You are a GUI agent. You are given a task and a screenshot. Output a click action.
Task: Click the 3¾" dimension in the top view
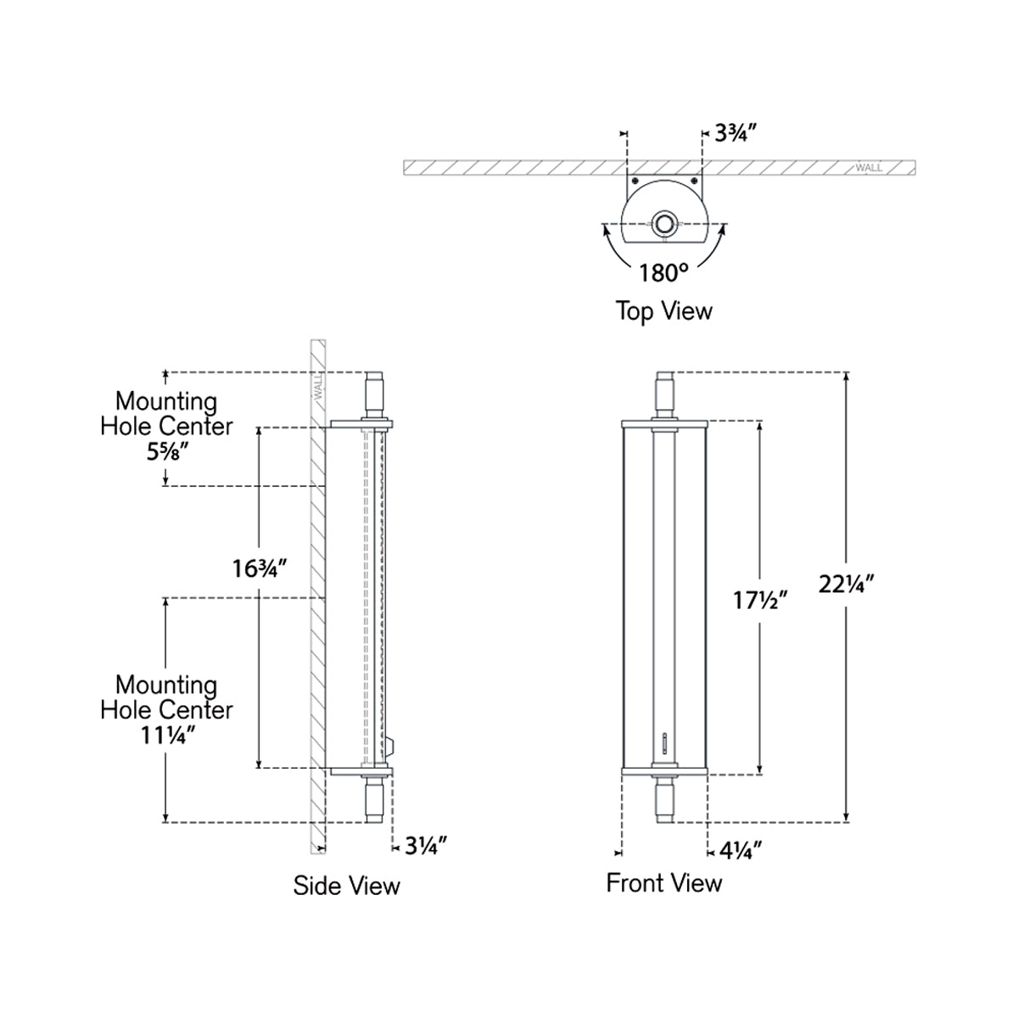(735, 132)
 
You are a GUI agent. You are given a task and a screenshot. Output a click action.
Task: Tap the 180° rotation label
(664, 273)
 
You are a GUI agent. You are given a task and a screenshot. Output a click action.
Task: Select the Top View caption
(663, 311)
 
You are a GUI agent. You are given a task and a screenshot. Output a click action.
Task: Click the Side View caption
(346, 886)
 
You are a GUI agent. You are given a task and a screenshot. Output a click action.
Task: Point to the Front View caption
(663, 883)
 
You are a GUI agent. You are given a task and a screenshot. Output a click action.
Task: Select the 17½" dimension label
(761, 601)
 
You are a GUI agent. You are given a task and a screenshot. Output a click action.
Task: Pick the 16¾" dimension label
(260, 568)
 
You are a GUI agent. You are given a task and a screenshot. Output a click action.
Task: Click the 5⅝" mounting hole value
(166, 452)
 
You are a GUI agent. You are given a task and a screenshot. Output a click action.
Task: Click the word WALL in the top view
(869, 167)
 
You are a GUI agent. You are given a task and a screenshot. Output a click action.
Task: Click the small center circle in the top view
(664, 225)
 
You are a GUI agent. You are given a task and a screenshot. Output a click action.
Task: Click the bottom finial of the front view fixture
(664, 797)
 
